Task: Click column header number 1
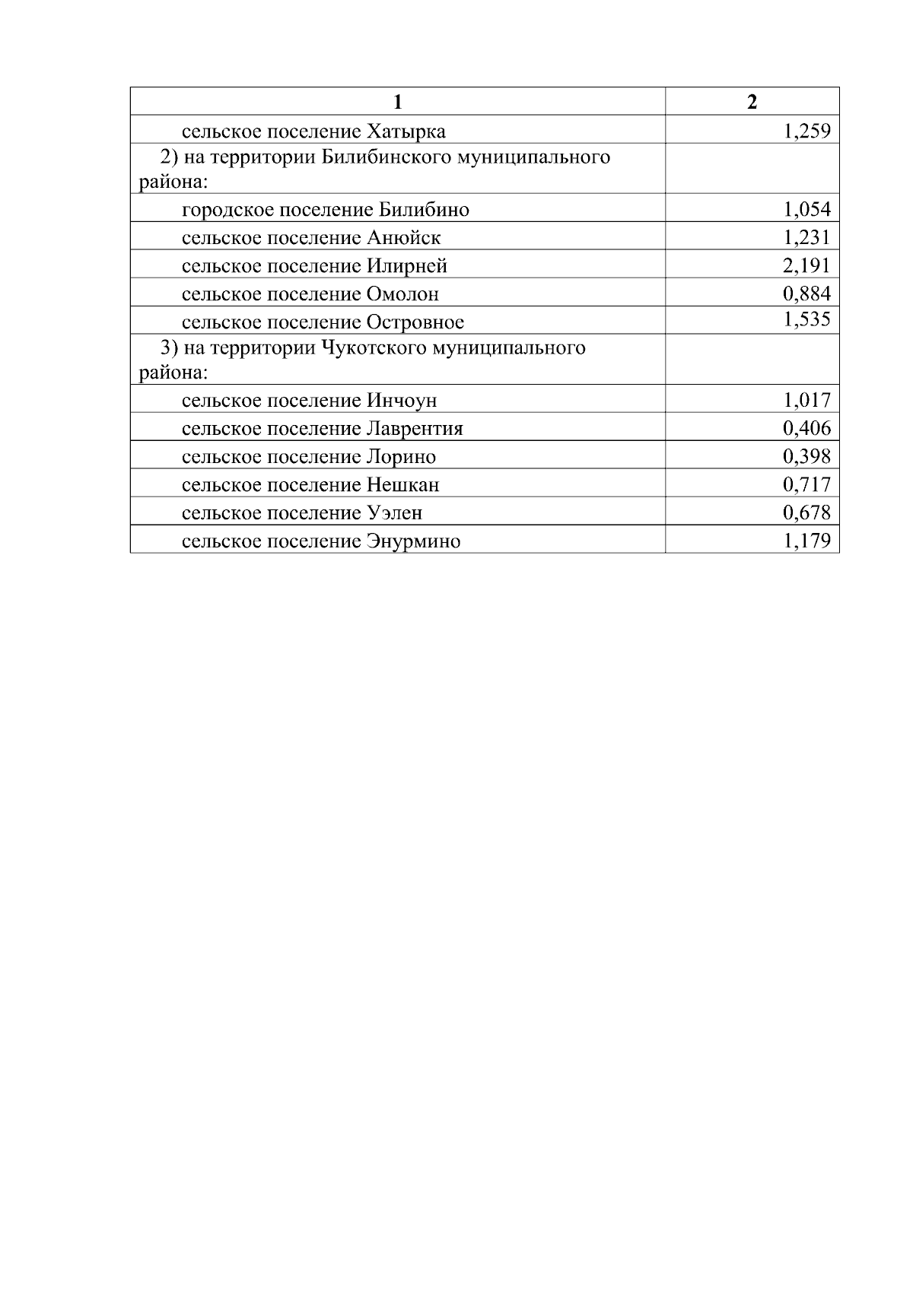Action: point(397,102)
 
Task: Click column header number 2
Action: point(752,102)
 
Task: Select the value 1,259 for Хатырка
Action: point(806,131)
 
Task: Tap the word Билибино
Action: point(424,210)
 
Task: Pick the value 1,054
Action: point(806,209)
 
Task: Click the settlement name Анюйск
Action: point(403,238)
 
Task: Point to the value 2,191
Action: point(806,265)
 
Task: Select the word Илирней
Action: point(407,266)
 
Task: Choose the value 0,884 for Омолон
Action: point(806,293)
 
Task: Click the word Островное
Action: point(415,322)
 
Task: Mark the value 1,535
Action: point(806,319)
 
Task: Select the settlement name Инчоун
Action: point(402,401)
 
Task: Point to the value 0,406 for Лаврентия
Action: point(806,428)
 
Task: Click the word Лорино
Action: point(401,457)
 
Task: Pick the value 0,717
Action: point(806,484)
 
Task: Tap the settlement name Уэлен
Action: point(394,513)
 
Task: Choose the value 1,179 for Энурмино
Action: point(806,541)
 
